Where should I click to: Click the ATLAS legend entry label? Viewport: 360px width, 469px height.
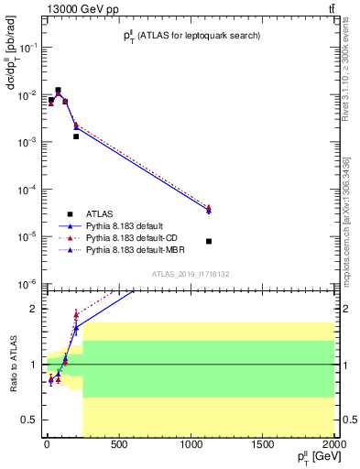(x=99, y=213)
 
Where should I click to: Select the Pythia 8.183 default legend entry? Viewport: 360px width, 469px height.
(x=127, y=225)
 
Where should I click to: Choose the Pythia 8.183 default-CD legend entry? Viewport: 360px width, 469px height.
(x=134, y=237)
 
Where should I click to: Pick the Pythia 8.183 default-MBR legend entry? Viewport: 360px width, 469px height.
(x=136, y=249)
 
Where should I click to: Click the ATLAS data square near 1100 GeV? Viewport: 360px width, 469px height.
(x=209, y=242)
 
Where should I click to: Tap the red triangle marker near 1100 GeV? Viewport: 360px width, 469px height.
(x=209, y=208)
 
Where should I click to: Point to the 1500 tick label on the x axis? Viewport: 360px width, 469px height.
(x=262, y=447)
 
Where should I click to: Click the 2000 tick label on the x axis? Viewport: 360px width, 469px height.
(x=333, y=447)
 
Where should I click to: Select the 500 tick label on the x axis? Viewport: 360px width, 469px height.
(x=118, y=447)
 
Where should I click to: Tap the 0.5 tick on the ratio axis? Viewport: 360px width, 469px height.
(x=30, y=420)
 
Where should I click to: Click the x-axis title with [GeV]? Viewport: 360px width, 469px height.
(x=313, y=458)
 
